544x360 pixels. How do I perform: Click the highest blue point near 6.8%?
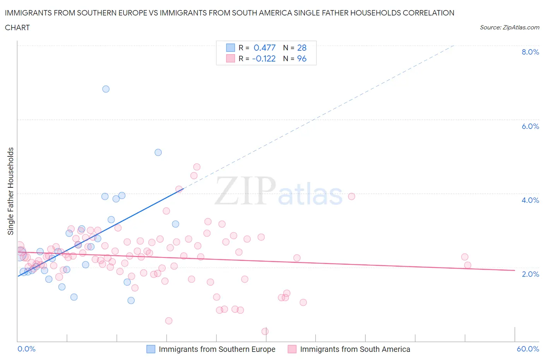pyautogui.click(x=106, y=89)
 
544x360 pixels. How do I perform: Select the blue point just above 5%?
pyautogui.click(x=158, y=153)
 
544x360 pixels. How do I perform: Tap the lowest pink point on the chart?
pyautogui.click(x=265, y=331)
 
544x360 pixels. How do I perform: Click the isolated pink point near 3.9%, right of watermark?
pyautogui.click(x=351, y=196)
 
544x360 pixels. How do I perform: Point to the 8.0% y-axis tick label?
pyautogui.click(x=530, y=52)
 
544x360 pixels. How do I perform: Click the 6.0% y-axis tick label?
pyautogui.click(x=530, y=126)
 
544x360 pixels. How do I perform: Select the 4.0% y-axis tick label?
pyautogui.click(x=530, y=200)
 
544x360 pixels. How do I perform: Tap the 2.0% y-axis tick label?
pyautogui.click(x=530, y=274)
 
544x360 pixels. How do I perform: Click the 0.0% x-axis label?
pyautogui.click(x=27, y=349)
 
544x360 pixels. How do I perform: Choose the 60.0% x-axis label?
pyautogui.click(x=528, y=349)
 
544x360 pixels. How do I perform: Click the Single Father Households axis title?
pyautogui.click(x=11, y=191)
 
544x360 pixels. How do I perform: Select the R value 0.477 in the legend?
pyautogui.click(x=264, y=48)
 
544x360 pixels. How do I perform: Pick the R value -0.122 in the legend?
pyautogui.click(x=263, y=58)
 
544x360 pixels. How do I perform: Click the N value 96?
pyautogui.click(x=302, y=58)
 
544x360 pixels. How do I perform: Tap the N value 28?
pyautogui.click(x=302, y=48)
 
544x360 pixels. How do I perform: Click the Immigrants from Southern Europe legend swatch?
pyautogui.click(x=151, y=349)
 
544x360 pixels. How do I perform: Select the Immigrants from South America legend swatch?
pyautogui.click(x=292, y=349)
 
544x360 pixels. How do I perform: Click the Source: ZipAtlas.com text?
pyautogui.click(x=509, y=27)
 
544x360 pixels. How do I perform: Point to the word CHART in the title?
pyautogui.click(x=17, y=27)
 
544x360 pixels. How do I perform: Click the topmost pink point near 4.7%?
pyautogui.click(x=197, y=167)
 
